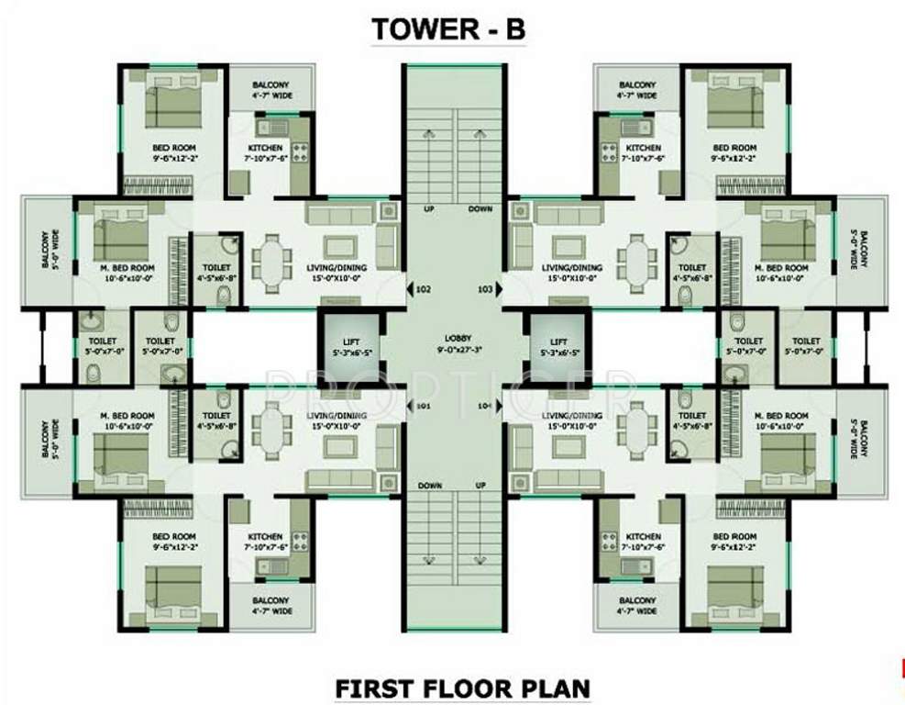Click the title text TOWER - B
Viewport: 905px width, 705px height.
pyautogui.click(x=448, y=28)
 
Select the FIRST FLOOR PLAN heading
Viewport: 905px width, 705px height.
pyautogui.click(x=462, y=687)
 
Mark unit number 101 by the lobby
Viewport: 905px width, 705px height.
pyautogui.click(x=423, y=405)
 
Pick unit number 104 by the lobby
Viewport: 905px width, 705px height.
pyautogui.click(x=486, y=405)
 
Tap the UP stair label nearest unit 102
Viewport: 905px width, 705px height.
pyautogui.click(x=427, y=209)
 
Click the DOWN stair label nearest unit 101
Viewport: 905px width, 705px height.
pyautogui.click(x=429, y=485)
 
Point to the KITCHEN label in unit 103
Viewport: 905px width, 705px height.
pyautogui.click(x=643, y=148)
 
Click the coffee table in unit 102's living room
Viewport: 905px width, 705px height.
pyautogui.click(x=339, y=246)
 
